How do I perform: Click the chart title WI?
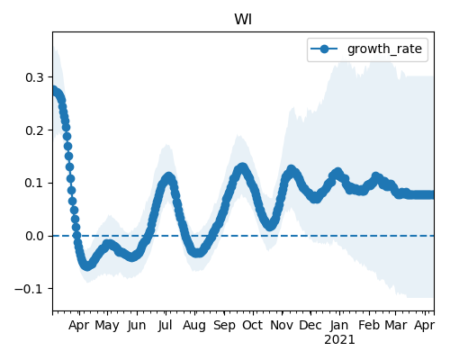click(243, 20)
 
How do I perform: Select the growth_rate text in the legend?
click(384, 49)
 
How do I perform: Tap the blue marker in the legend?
click(324, 49)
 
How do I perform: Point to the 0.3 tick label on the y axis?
click(34, 77)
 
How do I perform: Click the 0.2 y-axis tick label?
click(34, 130)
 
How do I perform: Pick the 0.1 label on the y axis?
click(34, 183)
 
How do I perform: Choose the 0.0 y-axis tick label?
click(34, 236)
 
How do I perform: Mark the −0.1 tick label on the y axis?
click(30, 289)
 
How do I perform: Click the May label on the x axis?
click(107, 326)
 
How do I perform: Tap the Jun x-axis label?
click(137, 326)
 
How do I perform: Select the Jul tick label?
click(166, 325)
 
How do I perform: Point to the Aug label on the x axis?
click(194, 326)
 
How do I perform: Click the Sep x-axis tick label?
click(224, 326)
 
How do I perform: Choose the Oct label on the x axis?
click(253, 325)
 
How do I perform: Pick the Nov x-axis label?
click(282, 325)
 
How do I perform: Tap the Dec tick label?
click(310, 325)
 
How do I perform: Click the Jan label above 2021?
click(339, 325)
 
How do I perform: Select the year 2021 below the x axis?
click(339, 340)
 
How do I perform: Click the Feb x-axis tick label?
click(369, 325)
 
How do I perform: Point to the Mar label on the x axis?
click(396, 325)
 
